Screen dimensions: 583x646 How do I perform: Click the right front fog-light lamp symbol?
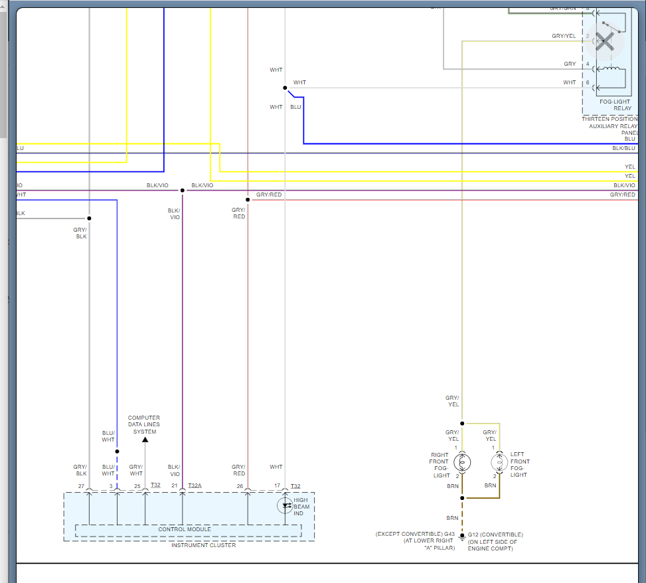click(x=463, y=461)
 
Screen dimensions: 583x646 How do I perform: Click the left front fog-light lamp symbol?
click(x=499, y=461)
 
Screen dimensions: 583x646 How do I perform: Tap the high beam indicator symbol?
click(x=286, y=506)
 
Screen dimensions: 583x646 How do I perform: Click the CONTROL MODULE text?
click(x=185, y=529)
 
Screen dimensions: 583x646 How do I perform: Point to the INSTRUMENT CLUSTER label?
click(x=203, y=545)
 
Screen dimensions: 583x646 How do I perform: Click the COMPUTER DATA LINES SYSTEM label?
click(x=144, y=425)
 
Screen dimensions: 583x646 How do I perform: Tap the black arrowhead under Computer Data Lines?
click(x=145, y=439)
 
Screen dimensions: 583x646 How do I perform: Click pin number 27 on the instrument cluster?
click(x=81, y=486)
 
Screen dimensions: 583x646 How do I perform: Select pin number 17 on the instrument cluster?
click(x=277, y=486)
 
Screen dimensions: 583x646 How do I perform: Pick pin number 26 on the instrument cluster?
click(x=239, y=486)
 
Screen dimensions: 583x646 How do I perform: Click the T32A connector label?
click(x=195, y=486)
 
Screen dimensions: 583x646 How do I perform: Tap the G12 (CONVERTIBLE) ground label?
click(x=495, y=535)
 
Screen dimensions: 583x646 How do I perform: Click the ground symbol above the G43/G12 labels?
click(x=462, y=537)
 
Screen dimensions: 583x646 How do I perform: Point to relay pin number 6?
click(x=587, y=82)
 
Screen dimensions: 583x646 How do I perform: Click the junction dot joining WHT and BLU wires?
click(x=285, y=88)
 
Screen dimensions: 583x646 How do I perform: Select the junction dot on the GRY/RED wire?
click(x=248, y=199)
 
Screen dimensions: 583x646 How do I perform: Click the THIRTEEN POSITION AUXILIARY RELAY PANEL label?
click(x=609, y=125)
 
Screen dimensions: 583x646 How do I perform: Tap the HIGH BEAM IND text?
click(x=301, y=507)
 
